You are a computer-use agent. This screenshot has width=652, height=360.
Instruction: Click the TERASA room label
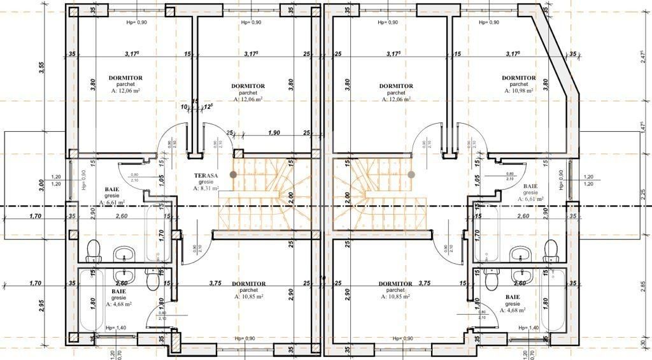pos(206,175)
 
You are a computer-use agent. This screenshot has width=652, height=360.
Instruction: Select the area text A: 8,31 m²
pos(206,189)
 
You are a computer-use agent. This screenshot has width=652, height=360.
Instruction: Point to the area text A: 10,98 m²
pos(518,90)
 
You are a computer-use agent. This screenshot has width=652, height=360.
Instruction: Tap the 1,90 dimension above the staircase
pos(274,133)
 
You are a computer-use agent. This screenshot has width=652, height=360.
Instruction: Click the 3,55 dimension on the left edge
pos(41,68)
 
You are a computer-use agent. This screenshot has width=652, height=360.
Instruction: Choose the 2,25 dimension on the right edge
pos(642,195)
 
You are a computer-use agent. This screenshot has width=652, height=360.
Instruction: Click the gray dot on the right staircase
pos(411,174)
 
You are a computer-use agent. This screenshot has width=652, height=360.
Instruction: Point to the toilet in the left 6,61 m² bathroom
pos(94,250)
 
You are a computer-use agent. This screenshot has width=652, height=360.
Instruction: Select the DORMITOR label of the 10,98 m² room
pos(518,78)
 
